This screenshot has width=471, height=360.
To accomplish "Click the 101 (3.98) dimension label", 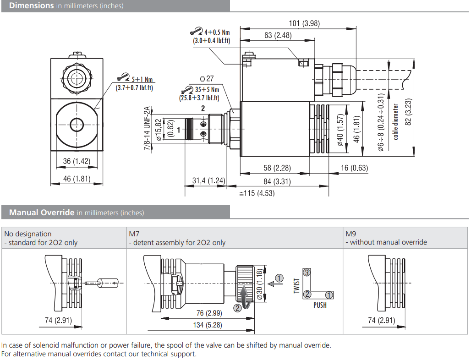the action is [x=304, y=23].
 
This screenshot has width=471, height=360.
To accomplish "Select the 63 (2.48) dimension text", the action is [x=278, y=35].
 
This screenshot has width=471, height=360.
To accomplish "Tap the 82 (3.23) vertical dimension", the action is [x=408, y=112].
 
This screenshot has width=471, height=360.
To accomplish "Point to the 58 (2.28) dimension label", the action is [x=277, y=168].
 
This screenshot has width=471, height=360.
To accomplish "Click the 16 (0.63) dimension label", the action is [x=354, y=168].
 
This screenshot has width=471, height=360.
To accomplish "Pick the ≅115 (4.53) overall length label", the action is [x=257, y=193].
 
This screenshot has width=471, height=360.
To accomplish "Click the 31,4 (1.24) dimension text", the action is [x=208, y=181].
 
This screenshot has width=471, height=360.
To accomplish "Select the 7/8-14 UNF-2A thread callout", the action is [x=147, y=128].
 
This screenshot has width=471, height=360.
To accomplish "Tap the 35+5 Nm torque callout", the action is [x=207, y=89].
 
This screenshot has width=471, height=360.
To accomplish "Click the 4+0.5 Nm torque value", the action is [x=217, y=33].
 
